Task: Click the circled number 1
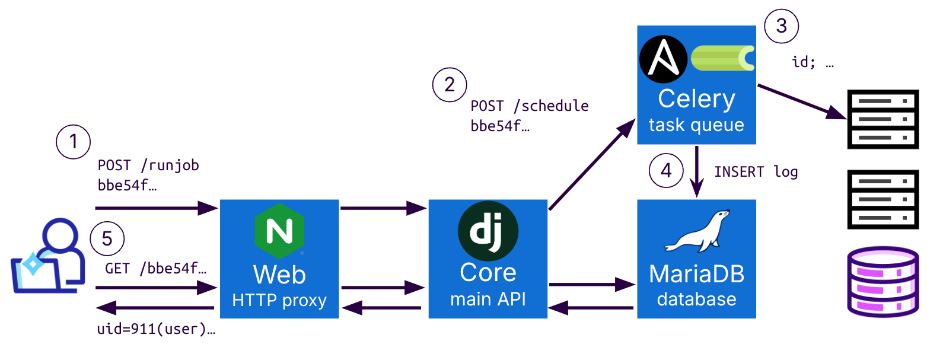tap(73, 142)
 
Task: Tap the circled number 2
tap(450, 85)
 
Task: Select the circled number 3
tap(781, 26)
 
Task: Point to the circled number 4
tap(666, 171)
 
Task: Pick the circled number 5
tap(107, 238)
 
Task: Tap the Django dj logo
tap(488, 231)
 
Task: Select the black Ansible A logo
tap(663, 59)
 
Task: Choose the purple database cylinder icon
tap(883, 282)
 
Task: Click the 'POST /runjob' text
tap(148, 165)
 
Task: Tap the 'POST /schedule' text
tap(529, 106)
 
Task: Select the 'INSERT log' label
tap(756, 172)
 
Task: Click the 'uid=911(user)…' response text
tap(156, 329)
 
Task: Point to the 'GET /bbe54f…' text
tap(155, 269)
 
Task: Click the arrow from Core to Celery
tap(591, 164)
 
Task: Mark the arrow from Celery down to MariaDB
tap(697, 171)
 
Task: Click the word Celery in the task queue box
tap(696, 99)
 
